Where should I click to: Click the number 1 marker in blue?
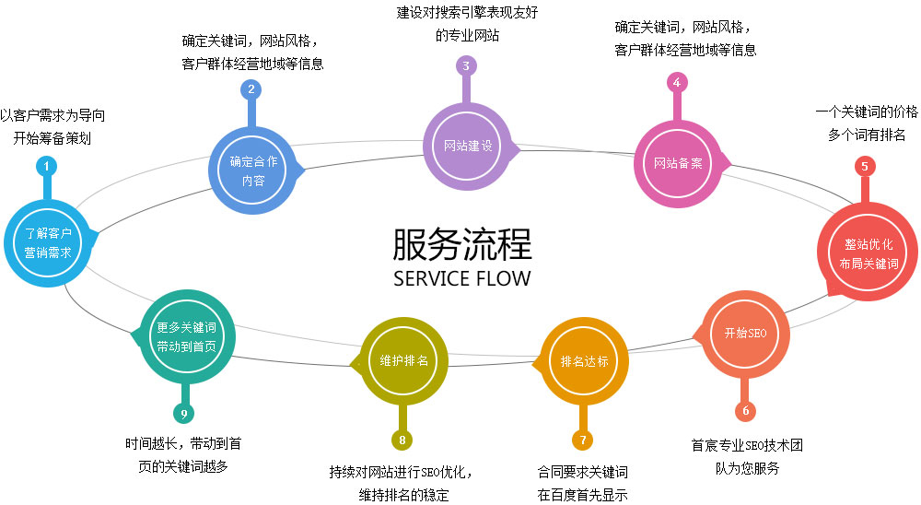46,167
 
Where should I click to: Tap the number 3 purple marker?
466,65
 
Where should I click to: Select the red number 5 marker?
865,167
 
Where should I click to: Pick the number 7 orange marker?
583,440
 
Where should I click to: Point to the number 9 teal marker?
184,414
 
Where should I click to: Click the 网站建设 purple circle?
468,147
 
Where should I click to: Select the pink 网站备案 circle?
678,163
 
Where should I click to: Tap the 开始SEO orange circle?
745,334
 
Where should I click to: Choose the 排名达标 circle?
584,361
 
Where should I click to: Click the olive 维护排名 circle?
403,361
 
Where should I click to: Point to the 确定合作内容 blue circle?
253,170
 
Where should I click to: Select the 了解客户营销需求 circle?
48,242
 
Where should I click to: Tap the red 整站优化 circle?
869,252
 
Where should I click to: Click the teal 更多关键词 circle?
187,337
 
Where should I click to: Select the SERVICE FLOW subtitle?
461,278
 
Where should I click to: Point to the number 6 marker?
745,411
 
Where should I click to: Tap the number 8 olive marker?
402,440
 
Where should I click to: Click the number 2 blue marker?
251,89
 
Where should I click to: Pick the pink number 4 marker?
677,83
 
